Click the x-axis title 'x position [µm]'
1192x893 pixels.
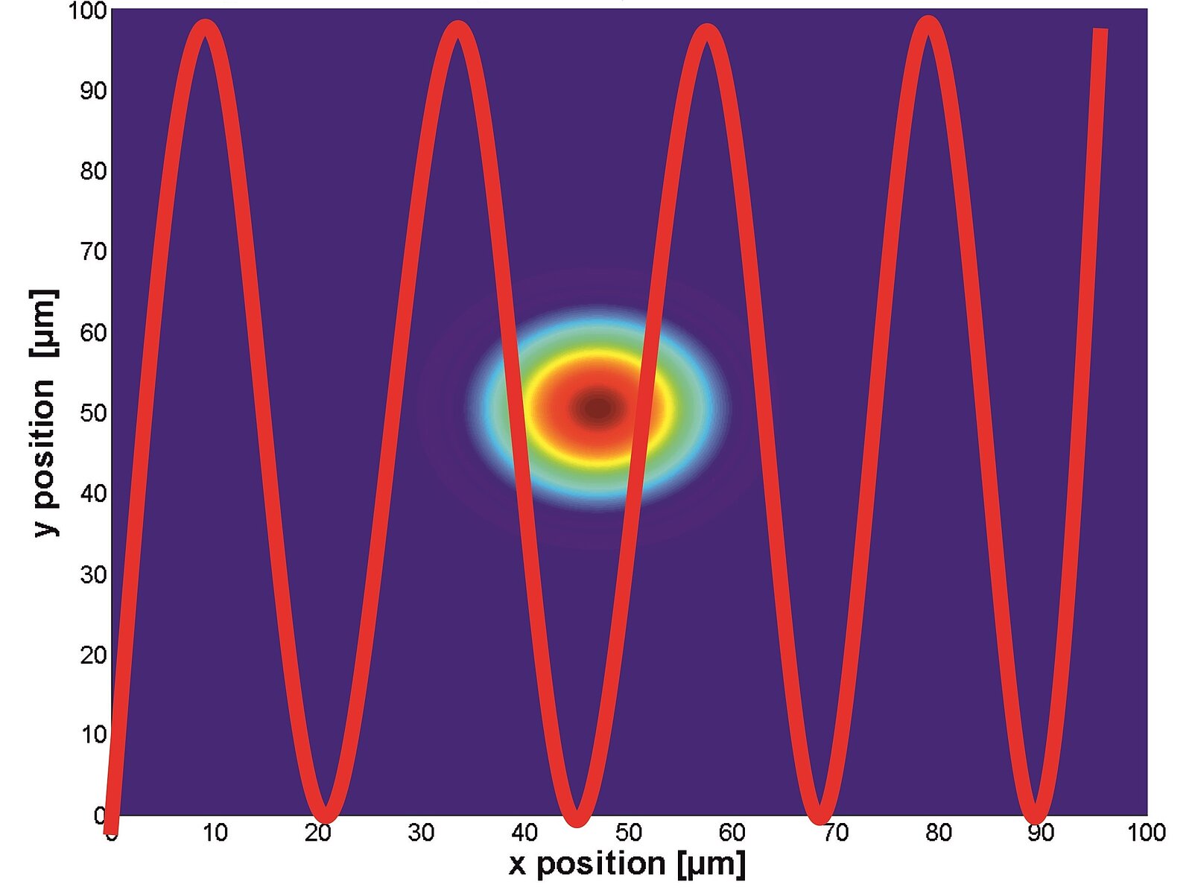click(x=627, y=864)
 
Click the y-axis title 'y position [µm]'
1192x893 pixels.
click(x=44, y=413)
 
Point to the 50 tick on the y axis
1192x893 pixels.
click(x=94, y=413)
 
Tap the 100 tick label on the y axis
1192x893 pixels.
click(x=88, y=10)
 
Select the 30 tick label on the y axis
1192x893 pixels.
click(x=94, y=574)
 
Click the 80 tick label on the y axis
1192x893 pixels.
click(x=94, y=171)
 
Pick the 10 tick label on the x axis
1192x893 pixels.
click(x=215, y=832)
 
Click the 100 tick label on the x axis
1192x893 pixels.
click(x=1146, y=832)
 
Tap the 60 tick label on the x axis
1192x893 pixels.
click(x=732, y=832)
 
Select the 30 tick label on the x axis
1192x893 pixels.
click(x=422, y=832)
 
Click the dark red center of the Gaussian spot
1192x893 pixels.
click(x=598, y=408)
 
